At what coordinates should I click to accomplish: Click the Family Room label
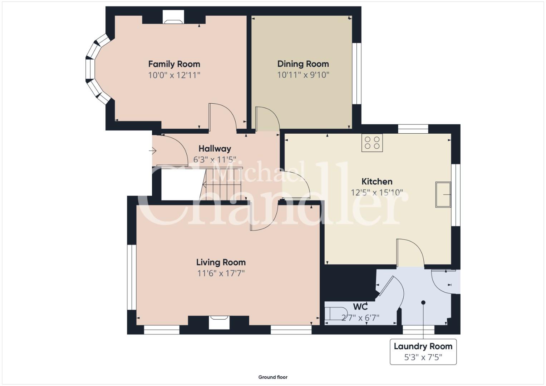point(174,64)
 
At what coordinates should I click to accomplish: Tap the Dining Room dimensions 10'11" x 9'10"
point(303,75)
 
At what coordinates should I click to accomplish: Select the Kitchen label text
point(377,182)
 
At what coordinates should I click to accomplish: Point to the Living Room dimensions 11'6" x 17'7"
point(221,273)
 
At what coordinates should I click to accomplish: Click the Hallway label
point(215,149)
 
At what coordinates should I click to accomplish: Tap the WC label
point(360,307)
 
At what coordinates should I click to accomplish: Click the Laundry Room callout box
point(423,352)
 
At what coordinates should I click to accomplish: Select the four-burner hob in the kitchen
point(372,143)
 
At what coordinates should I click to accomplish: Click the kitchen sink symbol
point(443,194)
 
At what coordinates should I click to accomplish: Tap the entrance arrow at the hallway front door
point(153,151)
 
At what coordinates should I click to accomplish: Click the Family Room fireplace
point(173,17)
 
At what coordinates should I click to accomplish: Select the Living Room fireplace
point(220,322)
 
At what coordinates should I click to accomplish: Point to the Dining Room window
point(356,74)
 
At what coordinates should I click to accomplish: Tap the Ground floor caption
point(273,377)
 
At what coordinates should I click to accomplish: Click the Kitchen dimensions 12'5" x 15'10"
point(377,193)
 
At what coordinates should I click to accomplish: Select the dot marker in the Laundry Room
point(423,302)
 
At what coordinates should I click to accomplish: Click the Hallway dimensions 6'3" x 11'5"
point(215,160)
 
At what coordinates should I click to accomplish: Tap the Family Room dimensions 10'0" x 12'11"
point(174,75)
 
